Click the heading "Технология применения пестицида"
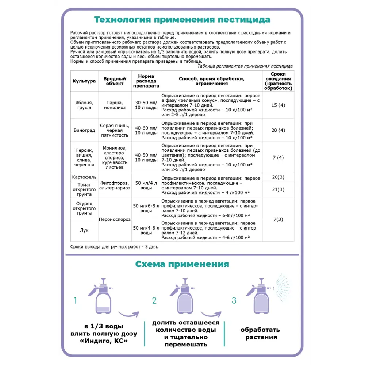[x=182, y=19]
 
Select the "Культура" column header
[x=84, y=81]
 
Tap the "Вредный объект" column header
[x=115, y=81]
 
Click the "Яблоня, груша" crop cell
[x=84, y=105]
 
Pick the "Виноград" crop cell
[x=84, y=130]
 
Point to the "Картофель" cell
[x=84, y=177]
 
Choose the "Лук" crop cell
[x=84, y=230]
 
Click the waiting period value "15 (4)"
[x=278, y=105]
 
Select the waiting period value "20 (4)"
[x=278, y=130]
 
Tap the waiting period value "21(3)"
[x=278, y=189]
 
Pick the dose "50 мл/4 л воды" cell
[x=146, y=185]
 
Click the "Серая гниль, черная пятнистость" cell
[x=115, y=130]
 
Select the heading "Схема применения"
[x=182, y=264]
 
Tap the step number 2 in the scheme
[x=154, y=300]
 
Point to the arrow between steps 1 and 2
[x=129, y=313]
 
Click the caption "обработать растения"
[x=260, y=334]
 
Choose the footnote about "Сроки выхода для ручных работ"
[x=114, y=247]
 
